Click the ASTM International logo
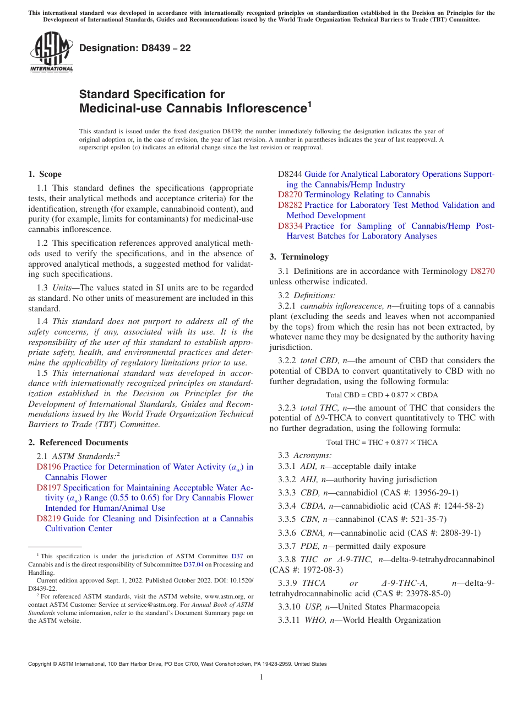pyautogui.click(x=51, y=52)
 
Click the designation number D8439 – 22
pyautogui.click(x=135, y=48)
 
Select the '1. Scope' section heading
pyautogui.click(x=45, y=174)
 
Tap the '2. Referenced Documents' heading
pyautogui.click(x=78, y=443)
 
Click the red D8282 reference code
pyautogui.click(x=290, y=205)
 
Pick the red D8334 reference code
pyautogui.click(x=290, y=226)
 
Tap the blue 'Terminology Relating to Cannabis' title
pyautogui.click(x=367, y=195)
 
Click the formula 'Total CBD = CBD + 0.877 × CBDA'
pyautogui.click(x=382, y=395)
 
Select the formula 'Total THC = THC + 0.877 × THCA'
pyautogui.click(x=382, y=442)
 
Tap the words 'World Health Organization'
pyautogui.click(x=391, y=620)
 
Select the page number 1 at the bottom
pyautogui.click(x=261, y=677)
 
